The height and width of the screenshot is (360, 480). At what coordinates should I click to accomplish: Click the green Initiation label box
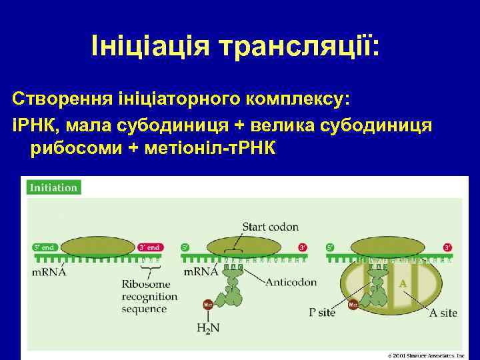tap(53, 187)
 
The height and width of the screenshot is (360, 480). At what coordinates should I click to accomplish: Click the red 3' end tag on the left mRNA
tap(149, 247)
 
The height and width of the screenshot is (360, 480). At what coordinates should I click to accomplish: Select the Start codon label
tap(270, 227)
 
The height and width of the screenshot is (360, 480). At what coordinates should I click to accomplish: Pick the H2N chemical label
tap(208, 327)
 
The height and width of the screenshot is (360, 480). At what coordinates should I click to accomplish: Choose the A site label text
tap(443, 312)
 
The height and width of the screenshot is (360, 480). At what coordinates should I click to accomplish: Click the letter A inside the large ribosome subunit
tap(402, 283)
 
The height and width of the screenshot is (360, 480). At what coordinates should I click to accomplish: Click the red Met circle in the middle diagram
tap(207, 305)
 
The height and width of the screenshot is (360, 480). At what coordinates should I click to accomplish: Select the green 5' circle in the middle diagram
tap(185, 247)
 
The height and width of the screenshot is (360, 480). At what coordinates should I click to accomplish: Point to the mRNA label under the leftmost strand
tap(49, 272)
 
